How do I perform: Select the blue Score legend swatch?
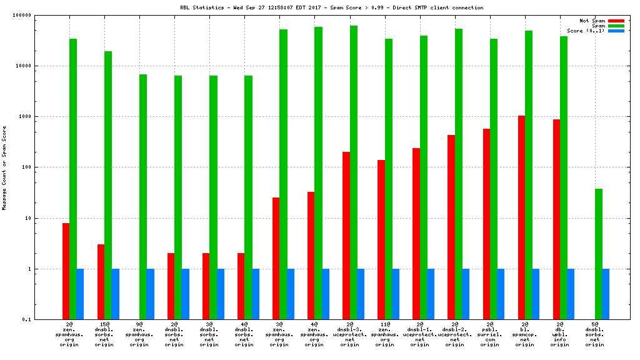click(x=616, y=31)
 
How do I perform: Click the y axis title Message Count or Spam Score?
click(x=4, y=167)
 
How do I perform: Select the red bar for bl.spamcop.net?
click(x=521, y=217)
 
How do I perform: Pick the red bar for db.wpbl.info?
click(x=556, y=219)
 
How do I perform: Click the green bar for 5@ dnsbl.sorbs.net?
click(x=598, y=254)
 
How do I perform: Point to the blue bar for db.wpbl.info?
click(x=571, y=294)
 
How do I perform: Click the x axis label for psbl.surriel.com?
click(x=489, y=334)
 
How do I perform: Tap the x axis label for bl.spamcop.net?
click(x=524, y=334)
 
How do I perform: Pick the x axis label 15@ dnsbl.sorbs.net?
click(x=104, y=334)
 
